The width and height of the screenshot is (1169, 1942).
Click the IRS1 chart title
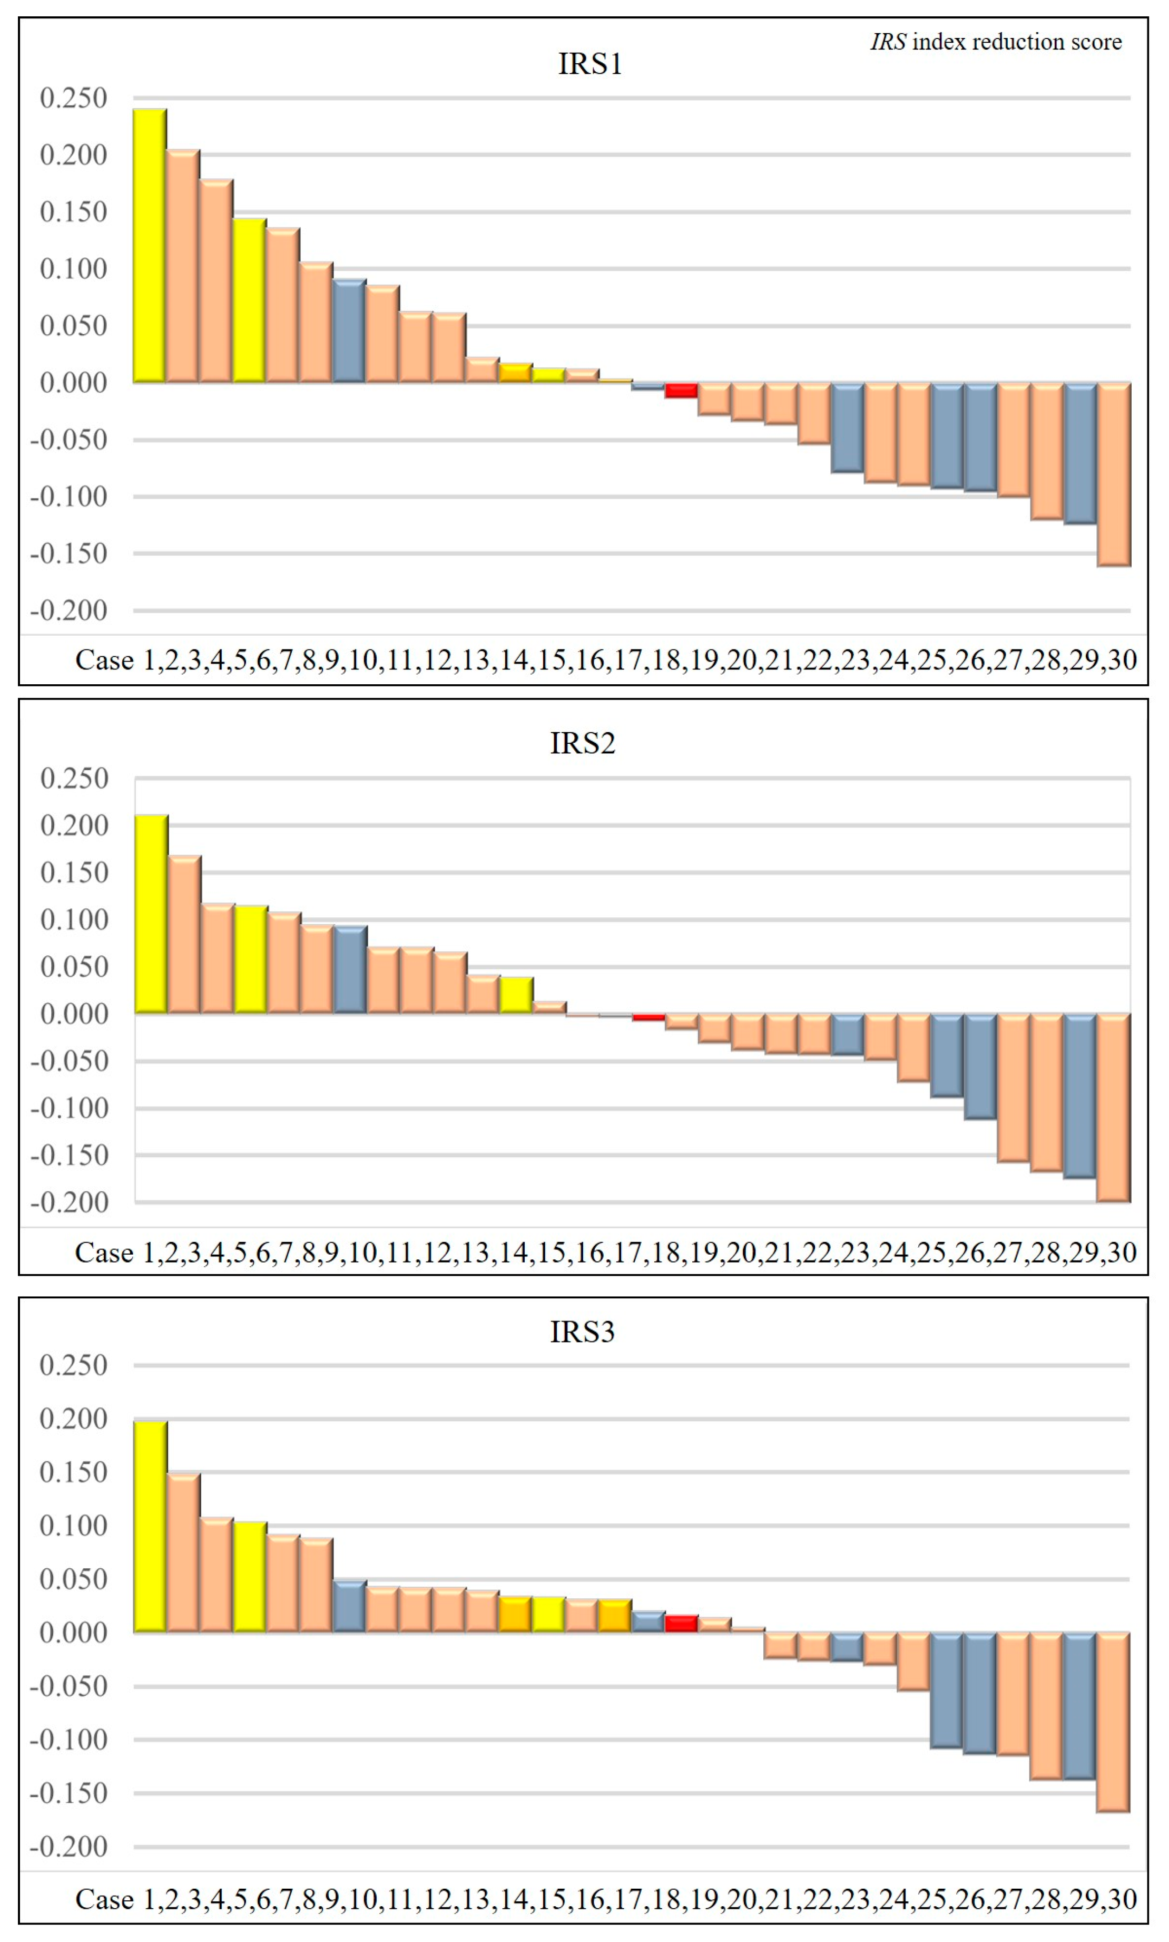click(590, 64)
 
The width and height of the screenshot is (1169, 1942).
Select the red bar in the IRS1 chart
click(681, 390)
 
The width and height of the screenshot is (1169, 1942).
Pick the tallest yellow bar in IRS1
click(150, 245)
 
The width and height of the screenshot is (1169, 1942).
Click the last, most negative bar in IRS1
click(1114, 474)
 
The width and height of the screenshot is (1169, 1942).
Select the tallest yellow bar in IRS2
click(151, 914)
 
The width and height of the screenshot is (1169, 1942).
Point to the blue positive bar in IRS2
click(350, 969)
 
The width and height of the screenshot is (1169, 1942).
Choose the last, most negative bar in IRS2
click(1114, 1108)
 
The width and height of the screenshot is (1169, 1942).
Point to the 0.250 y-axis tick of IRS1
click(73, 99)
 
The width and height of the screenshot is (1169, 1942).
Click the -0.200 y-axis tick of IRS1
click(68, 611)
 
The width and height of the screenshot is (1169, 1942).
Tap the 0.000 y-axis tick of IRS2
click(74, 1014)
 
